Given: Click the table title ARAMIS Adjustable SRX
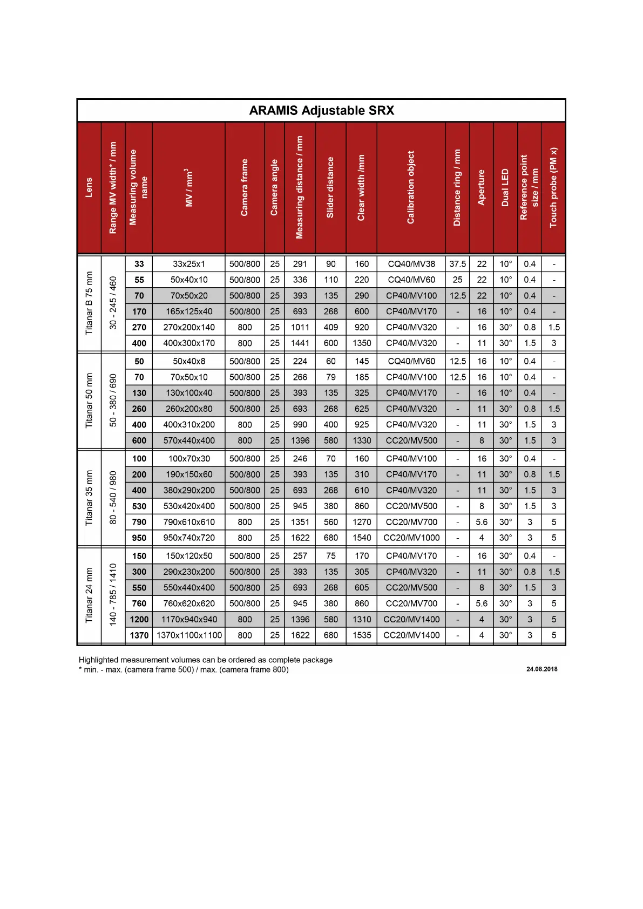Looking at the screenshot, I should click(x=321, y=111).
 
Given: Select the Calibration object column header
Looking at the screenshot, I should click(x=411, y=187).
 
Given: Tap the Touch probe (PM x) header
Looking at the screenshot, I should click(x=553, y=187).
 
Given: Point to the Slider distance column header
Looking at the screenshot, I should click(x=330, y=187).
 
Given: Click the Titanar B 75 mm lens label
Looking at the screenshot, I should click(x=89, y=303).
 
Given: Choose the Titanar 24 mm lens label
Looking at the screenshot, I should click(x=89, y=595).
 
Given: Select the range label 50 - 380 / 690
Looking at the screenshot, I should click(x=113, y=400).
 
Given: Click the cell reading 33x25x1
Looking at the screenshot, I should click(x=189, y=264).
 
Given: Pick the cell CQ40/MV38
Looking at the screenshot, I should click(x=411, y=264).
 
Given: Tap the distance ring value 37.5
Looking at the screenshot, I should click(x=457, y=264).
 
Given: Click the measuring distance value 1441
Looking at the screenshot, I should click(x=300, y=343).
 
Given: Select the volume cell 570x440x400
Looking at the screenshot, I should click(x=189, y=440).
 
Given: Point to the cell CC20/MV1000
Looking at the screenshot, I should click(x=411, y=538).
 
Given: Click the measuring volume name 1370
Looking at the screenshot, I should click(x=139, y=635).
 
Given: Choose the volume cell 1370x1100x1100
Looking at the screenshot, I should click(x=189, y=635).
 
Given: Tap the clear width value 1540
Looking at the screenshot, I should click(x=362, y=538).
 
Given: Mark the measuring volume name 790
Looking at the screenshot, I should click(x=139, y=522).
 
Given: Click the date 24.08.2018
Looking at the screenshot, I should click(x=542, y=669).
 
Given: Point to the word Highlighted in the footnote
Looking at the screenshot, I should click(x=98, y=660).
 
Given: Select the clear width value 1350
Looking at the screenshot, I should click(x=362, y=343).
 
